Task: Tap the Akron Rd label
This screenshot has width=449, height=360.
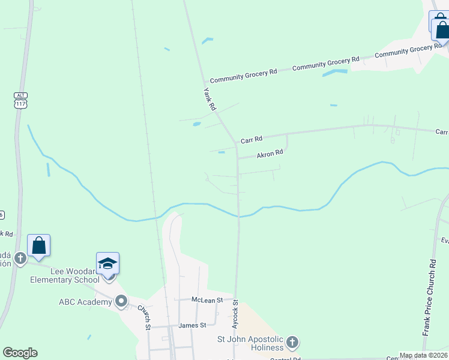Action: pos(270,154)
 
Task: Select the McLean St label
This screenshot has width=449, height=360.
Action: pos(207,299)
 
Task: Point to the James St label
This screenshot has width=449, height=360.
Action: pos(192,325)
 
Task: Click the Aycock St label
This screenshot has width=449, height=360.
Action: pos(235,318)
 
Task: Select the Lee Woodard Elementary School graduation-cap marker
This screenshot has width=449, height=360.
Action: pos(108,264)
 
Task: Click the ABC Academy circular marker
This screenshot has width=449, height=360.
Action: pos(122,301)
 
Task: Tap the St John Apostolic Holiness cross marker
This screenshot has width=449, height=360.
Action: pos(292,343)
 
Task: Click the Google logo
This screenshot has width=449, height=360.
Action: pos(20,353)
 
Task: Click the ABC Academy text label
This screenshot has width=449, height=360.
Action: pos(85,302)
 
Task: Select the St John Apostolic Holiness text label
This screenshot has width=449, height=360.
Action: pos(250,343)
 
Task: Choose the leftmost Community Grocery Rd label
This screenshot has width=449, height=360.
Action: pos(243,75)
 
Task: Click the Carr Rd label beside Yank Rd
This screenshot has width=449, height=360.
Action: pos(252,140)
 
